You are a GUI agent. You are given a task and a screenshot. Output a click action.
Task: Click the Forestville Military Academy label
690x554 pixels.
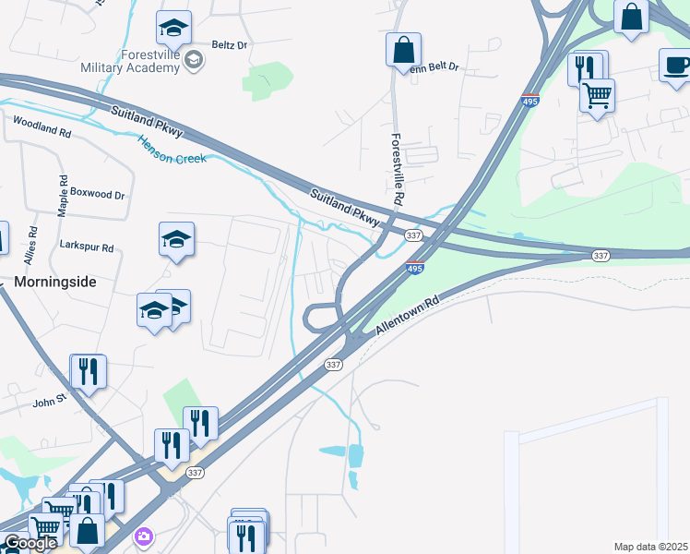(x=153, y=60)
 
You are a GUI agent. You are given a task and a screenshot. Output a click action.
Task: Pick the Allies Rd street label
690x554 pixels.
(x=32, y=246)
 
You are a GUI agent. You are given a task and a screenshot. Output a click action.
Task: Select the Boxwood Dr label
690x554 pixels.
(x=97, y=195)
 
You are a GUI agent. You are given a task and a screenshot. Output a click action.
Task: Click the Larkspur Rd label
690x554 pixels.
(x=86, y=247)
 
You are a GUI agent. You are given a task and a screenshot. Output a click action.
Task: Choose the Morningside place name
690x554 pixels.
(x=55, y=281)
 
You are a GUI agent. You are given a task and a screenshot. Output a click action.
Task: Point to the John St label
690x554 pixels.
(x=51, y=401)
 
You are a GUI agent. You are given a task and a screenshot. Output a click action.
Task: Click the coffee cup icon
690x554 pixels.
(x=676, y=65)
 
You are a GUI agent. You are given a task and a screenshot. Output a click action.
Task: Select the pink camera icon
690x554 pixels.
(x=143, y=536)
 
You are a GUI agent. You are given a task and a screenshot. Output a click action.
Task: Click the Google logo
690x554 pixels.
(x=30, y=544)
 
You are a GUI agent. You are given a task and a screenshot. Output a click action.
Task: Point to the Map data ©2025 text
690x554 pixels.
(x=651, y=547)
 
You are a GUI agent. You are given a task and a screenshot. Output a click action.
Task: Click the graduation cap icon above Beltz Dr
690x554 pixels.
(x=173, y=29)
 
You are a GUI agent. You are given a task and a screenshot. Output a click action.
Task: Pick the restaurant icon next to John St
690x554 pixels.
(x=89, y=371)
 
